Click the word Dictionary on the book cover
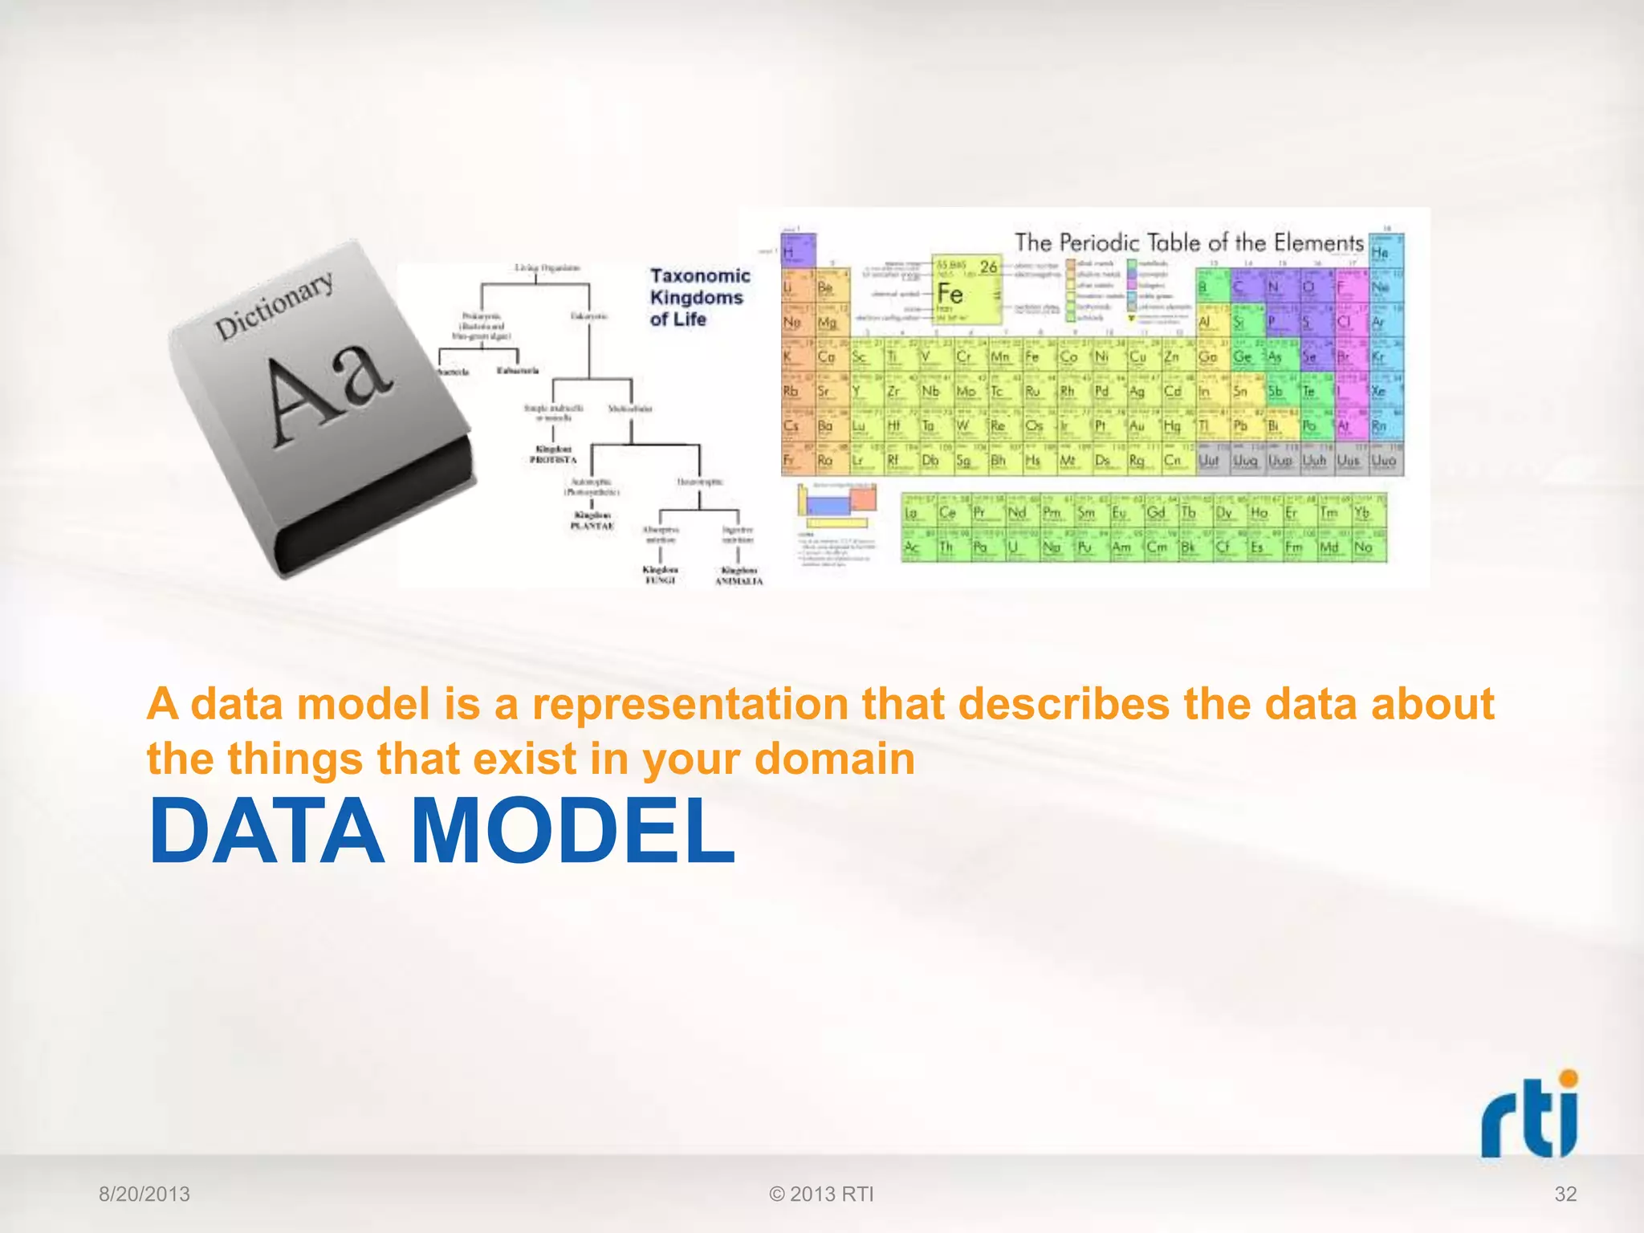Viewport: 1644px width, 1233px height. (x=274, y=305)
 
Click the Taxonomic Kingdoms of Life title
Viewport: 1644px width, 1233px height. (x=698, y=297)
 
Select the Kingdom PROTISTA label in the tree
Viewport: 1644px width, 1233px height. (x=552, y=454)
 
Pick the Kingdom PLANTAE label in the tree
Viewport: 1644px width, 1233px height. (x=592, y=520)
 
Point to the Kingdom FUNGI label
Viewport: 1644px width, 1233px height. (x=660, y=575)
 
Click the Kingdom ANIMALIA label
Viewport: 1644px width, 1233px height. (x=739, y=576)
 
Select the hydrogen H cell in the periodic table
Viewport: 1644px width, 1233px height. (x=798, y=251)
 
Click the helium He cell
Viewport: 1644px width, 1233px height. (x=1386, y=250)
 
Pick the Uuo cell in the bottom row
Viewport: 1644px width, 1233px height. (x=1386, y=460)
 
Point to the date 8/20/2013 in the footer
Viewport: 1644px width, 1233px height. (x=144, y=1194)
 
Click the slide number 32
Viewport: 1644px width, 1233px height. (x=1565, y=1194)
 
